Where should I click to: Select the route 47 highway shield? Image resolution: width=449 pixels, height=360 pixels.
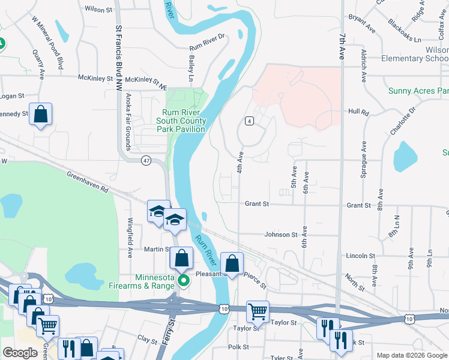tap(146, 160)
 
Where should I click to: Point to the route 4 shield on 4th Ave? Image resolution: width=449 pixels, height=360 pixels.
tap(248, 121)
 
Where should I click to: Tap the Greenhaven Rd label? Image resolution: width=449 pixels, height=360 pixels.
tap(88, 182)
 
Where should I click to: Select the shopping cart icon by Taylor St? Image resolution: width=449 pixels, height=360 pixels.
tap(258, 311)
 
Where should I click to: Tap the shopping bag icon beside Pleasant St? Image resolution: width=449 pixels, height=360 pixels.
tap(232, 262)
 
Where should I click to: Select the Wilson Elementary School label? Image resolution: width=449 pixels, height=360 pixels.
tap(415, 54)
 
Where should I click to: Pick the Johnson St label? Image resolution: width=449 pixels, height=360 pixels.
tap(281, 235)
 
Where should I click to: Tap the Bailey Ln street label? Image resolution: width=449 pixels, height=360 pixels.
tap(192, 68)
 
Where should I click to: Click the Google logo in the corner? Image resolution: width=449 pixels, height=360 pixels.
tap(20, 353)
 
